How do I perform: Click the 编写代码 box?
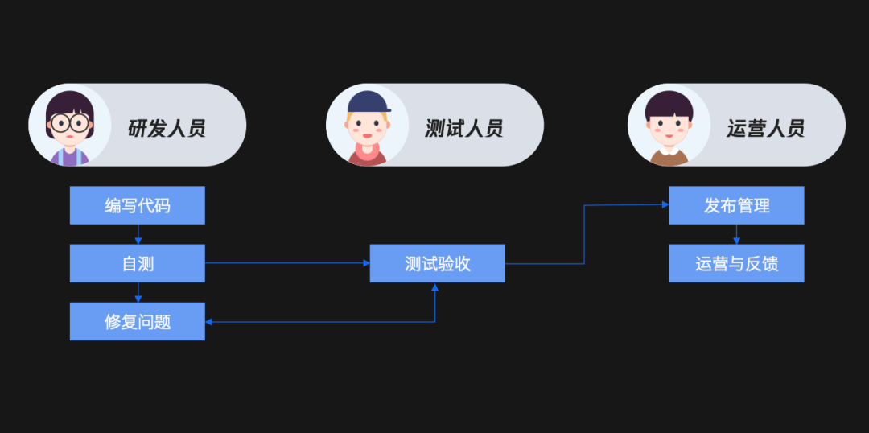137,205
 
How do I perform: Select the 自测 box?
137,263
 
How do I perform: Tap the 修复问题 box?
137,321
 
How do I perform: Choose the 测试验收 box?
437,263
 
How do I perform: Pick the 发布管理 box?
736,205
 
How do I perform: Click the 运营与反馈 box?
736,263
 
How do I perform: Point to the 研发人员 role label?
167,127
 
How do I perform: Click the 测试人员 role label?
464,127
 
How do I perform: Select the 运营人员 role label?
765,127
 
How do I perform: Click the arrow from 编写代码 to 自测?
138,234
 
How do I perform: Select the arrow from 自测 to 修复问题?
138,292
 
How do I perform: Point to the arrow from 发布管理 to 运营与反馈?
736,234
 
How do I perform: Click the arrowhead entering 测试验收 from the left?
365,263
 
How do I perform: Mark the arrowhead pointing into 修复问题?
209,322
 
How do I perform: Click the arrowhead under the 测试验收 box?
435,287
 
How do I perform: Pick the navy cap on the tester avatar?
369,102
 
